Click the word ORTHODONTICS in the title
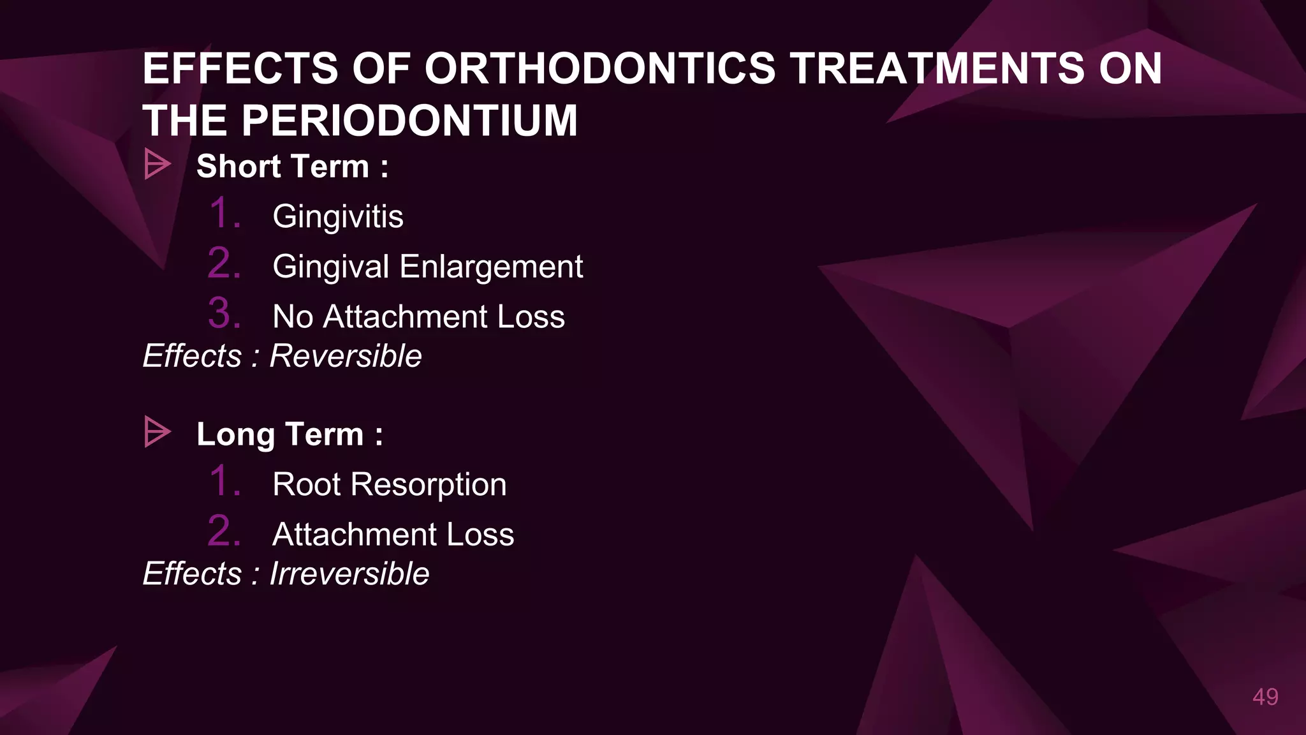coord(599,68)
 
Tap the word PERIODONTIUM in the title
coord(409,121)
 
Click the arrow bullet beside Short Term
coord(157,165)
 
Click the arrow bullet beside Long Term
coord(157,432)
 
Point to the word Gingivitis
coord(337,216)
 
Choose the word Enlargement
coord(491,267)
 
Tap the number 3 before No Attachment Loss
coord(224,313)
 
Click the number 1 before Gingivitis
coord(224,213)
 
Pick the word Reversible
coord(346,355)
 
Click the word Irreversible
coord(349,573)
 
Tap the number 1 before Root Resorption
coord(224,481)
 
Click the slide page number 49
coord(1265,697)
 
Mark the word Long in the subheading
coord(235,435)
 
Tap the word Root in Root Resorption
coord(307,484)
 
